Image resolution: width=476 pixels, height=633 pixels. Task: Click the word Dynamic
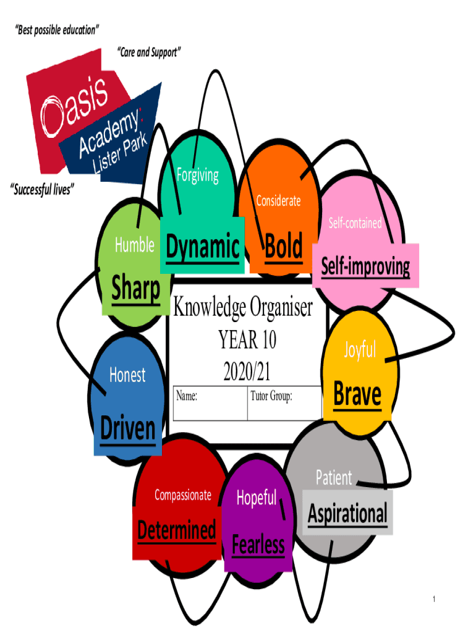coord(202,248)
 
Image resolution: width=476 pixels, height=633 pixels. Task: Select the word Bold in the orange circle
coord(284,247)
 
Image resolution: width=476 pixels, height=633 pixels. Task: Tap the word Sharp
coord(135,289)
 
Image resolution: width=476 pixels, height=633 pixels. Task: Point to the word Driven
coord(128,428)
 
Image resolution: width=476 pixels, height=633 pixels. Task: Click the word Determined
coord(176,530)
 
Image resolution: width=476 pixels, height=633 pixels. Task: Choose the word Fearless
coord(258,545)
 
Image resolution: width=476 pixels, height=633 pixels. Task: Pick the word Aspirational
coord(347,513)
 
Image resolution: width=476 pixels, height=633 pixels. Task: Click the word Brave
coord(357,394)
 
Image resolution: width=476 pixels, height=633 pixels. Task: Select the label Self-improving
coord(365,266)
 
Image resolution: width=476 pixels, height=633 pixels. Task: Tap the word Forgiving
coord(198,175)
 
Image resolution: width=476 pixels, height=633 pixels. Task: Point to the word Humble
coord(134,245)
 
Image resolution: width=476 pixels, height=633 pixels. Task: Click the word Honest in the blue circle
coord(127,375)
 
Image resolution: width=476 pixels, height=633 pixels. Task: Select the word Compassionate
coord(182,495)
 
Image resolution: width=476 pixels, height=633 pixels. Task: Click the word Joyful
coord(360,350)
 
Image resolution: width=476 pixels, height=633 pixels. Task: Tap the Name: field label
coord(187,396)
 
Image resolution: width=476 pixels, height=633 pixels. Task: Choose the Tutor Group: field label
coord(271,396)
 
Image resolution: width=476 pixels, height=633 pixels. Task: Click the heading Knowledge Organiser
coord(243,307)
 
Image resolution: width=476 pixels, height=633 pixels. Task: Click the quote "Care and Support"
coord(149,53)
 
